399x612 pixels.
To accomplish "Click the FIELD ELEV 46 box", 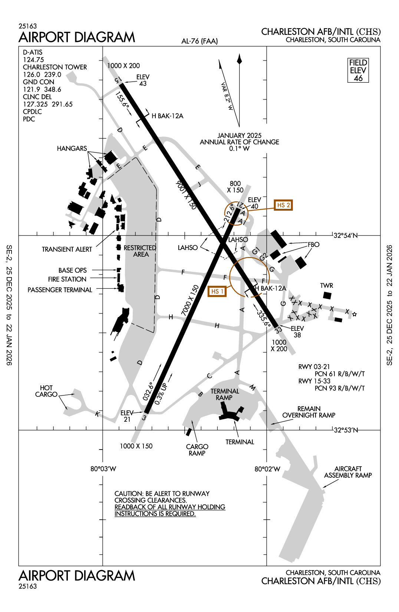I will (x=358, y=70).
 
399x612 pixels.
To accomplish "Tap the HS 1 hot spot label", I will (x=217, y=292).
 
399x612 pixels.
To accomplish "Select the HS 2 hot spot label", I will (x=283, y=205).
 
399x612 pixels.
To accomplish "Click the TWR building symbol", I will (x=327, y=295).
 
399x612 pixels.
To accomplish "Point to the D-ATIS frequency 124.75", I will (x=33, y=60).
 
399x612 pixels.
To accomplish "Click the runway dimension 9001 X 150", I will (x=186, y=195).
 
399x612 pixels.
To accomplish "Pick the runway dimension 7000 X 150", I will (x=190, y=300).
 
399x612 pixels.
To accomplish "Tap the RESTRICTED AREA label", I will (x=140, y=251).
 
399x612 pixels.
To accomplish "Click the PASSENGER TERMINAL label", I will (x=60, y=290).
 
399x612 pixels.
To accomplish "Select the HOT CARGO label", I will (x=46, y=391).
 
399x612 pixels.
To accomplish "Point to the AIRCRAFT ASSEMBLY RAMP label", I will (x=348, y=472).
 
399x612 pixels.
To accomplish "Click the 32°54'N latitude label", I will (x=345, y=236).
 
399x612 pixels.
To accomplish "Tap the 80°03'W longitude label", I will (x=103, y=469).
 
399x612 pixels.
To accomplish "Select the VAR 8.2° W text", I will (x=227, y=96).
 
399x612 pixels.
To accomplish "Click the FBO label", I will (x=313, y=244).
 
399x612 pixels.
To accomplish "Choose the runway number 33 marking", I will (x=278, y=329).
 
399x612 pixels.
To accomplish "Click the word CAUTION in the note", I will (x=128, y=494).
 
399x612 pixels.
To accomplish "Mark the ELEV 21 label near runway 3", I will (x=127, y=416).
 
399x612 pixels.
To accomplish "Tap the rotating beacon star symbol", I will (x=355, y=315).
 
